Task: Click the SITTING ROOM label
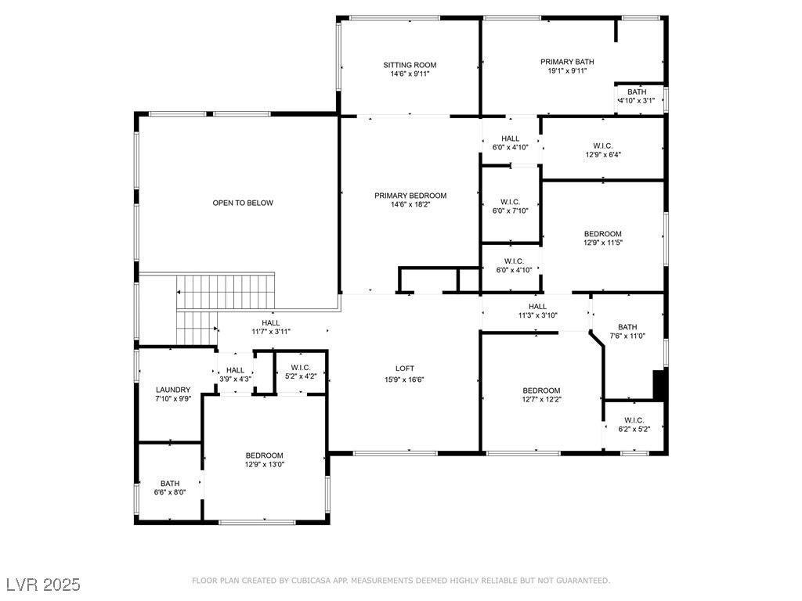click(x=410, y=65)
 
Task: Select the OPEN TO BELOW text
click(x=243, y=203)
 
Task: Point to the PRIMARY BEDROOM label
click(x=410, y=196)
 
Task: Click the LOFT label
click(x=404, y=368)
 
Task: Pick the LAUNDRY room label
click(x=173, y=390)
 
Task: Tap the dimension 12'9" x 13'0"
click(x=265, y=464)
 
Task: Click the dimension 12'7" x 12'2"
click(x=541, y=399)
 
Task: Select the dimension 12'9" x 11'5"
click(x=602, y=243)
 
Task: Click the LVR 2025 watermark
click(x=43, y=585)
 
